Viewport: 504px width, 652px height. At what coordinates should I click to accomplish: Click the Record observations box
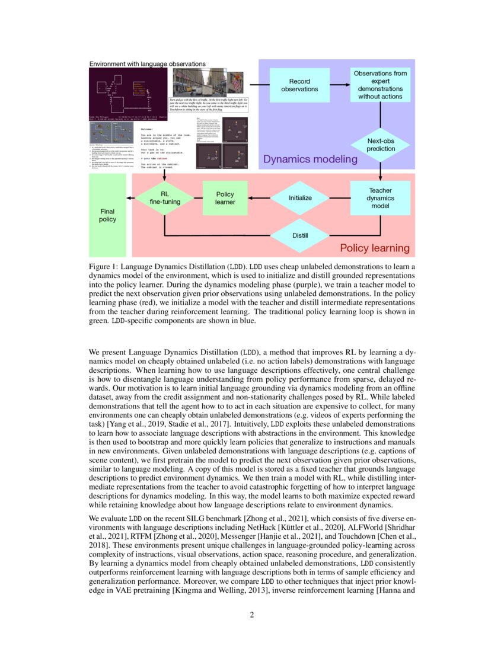[x=299, y=85]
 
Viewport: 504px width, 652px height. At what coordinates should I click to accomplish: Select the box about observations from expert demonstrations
[x=380, y=84]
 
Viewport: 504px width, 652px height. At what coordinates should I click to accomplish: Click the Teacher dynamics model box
[x=380, y=198]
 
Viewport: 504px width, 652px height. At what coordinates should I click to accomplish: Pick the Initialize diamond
[x=300, y=197]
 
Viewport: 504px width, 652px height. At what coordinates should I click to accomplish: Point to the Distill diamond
[x=300, y=235]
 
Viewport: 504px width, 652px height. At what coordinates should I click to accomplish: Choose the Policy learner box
[x=225, y=198]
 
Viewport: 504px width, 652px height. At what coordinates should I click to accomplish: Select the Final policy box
[x=107, y=215]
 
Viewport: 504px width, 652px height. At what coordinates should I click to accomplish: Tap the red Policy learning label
[x=374, y=248]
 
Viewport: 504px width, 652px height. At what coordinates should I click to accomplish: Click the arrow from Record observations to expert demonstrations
[x=339, y=85]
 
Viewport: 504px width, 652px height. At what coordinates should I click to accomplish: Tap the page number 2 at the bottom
[x=252, y=615]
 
